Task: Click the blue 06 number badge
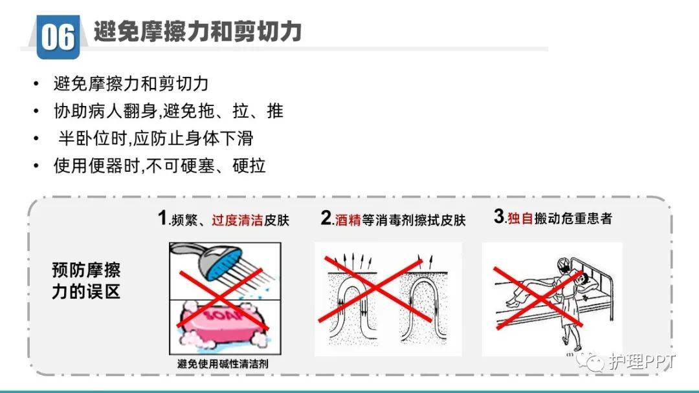[58, 36]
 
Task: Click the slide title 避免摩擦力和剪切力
[197, 31]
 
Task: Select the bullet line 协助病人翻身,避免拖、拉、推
[168, 111]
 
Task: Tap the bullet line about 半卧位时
[155, 138]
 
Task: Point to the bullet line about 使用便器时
[159, 165]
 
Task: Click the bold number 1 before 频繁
[162, 218]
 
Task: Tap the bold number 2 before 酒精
[326, 218]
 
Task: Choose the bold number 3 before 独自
[498, 217]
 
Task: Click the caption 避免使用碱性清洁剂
[223, 364]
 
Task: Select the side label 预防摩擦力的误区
[86, 281]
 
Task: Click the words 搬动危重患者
[573, 218]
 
